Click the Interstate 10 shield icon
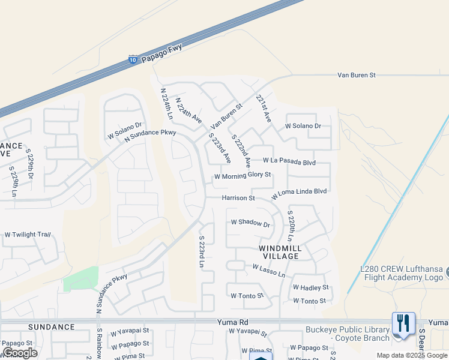coord(133,60)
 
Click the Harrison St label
coord(238,197)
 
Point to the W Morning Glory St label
coord(243,176)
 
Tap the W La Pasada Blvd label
coord(289,161)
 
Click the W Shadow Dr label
coord(251,223)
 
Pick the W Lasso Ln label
coord(268,271)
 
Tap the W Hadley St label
coord(311,288)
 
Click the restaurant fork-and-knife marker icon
coord(403,323)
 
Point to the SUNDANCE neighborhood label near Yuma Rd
coord(51,327)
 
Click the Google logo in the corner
coord(19,353)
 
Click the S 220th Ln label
coord(291,226)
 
